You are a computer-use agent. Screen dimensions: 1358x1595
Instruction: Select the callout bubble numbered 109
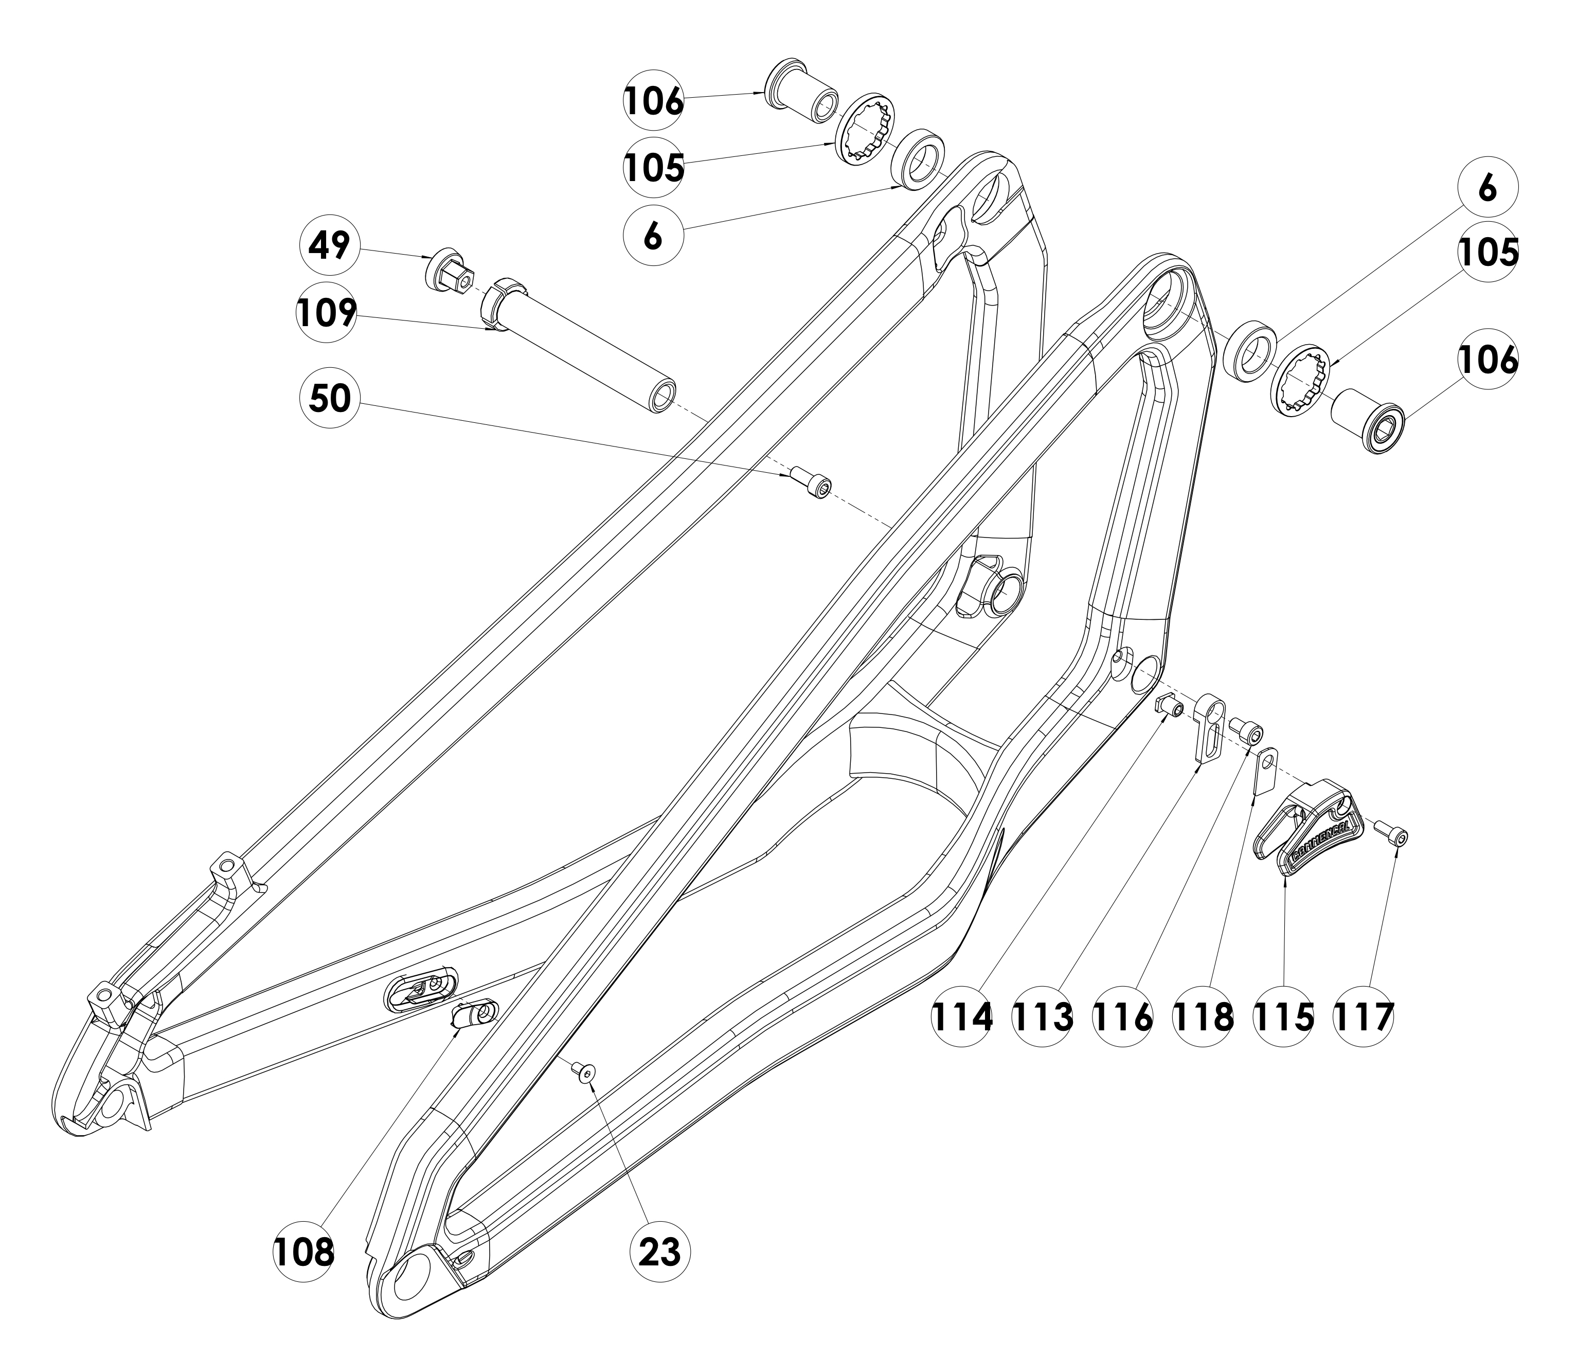tap(327, 313)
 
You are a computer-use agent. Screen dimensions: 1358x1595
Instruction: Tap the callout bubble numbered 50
tap(330, 398)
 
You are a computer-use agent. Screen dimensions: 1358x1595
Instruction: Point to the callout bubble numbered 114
tap(962, 1016)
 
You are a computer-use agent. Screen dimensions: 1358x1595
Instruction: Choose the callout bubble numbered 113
tap(1042, 1016)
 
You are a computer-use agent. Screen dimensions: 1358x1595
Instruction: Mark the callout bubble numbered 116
tap(1122, 1016)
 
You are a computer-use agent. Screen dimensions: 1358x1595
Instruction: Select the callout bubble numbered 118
tap(1203, 1016)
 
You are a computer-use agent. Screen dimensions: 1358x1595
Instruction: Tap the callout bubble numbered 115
tap(1282, 1016)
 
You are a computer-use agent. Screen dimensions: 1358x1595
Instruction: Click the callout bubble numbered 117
tap(1363, 1016)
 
